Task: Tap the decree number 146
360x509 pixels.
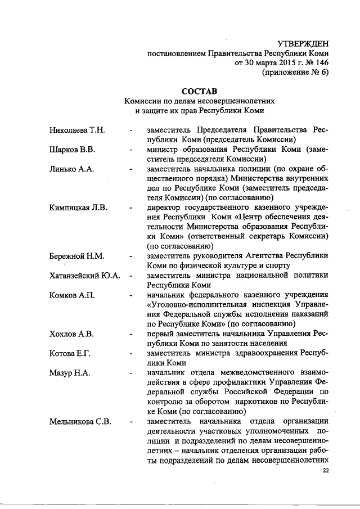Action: coord(321,63)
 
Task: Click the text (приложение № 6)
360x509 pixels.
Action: coord(295,73)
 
